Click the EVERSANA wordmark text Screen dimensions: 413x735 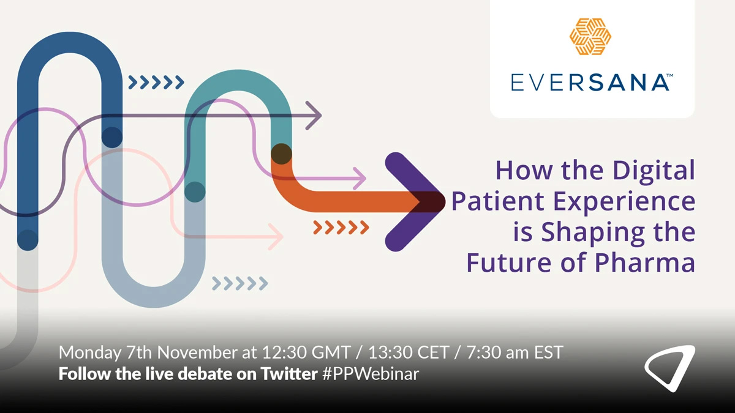tap(591, 81)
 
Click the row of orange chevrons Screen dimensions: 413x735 tap(341, 228)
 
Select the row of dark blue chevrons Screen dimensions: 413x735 tap(156, 82)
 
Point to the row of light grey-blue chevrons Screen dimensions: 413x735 tap(239, 283)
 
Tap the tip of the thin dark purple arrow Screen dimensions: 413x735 tap(320, 114)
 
